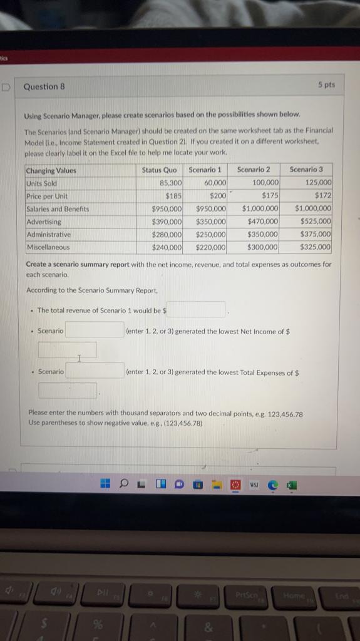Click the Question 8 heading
click(x=44, y=87)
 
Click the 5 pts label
click(x=326, y=85)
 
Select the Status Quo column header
click(x=159, y=170)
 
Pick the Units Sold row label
click(x=41, y=183)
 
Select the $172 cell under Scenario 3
click(x=323, y=196)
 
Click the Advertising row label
click(x=44, y=222)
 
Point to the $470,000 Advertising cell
click(x=263, y=222)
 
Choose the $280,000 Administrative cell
click(x=167, y=234)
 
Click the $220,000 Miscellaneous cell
click(x=210, y=247)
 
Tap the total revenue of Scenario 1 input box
click(x=195, y=309)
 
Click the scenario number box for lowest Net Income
click(x=95, y=330)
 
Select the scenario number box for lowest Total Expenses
click(x=95, y=371)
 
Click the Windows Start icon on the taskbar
click(x=106, y=484)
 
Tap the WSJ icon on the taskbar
click(x=254, y=485)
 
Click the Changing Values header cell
click(x=51, y=170)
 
